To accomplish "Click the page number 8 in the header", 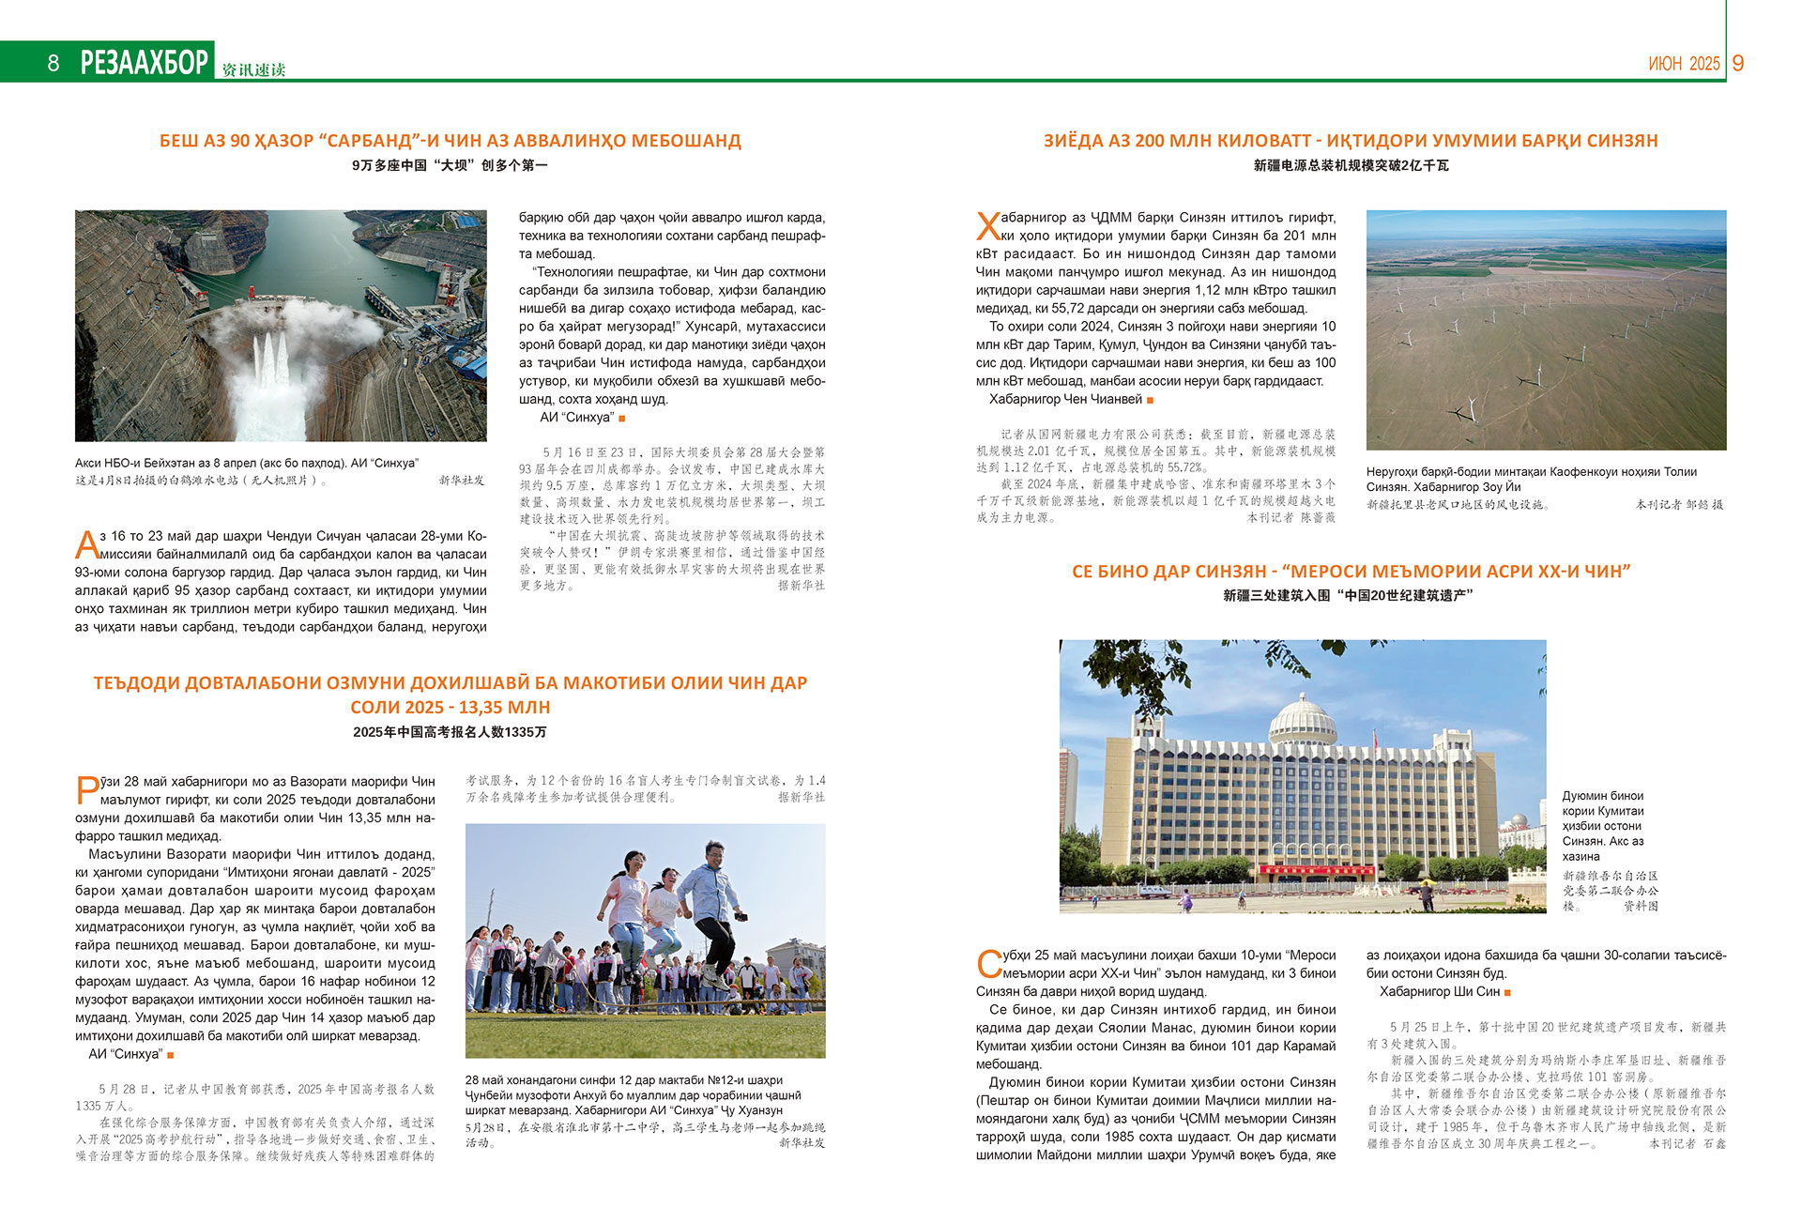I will pyautogui.click(x=53, y=63).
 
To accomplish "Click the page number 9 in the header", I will pyautogui.click(x=1738, y=63).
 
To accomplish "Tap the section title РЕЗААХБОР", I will pyautogui.click(x=145, y=62).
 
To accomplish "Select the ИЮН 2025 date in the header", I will pyautogui.click(x=1684, y=64).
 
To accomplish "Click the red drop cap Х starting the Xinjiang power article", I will pyautogui.click(x=987, y=227).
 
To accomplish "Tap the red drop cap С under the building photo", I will pyautogui.click(x=988, y=964).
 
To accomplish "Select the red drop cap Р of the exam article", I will pyautogui.click(x=86, y=789).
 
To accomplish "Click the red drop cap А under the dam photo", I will pyautogui.click(x=86, y=544).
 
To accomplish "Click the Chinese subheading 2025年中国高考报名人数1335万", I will pyautogui.click(x=450, y=732).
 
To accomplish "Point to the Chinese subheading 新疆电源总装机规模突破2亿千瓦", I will pyautogui.click(x=1351, y=165).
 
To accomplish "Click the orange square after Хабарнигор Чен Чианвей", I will pyautogui.click(x=1150, y=400).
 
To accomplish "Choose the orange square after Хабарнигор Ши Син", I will pyautogui.click(x=1507, y=992).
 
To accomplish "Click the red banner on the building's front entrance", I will pyautogui.click(x=1302, y=870).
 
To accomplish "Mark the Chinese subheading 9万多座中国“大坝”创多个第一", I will pyautogui.click(x=450, y=165).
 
